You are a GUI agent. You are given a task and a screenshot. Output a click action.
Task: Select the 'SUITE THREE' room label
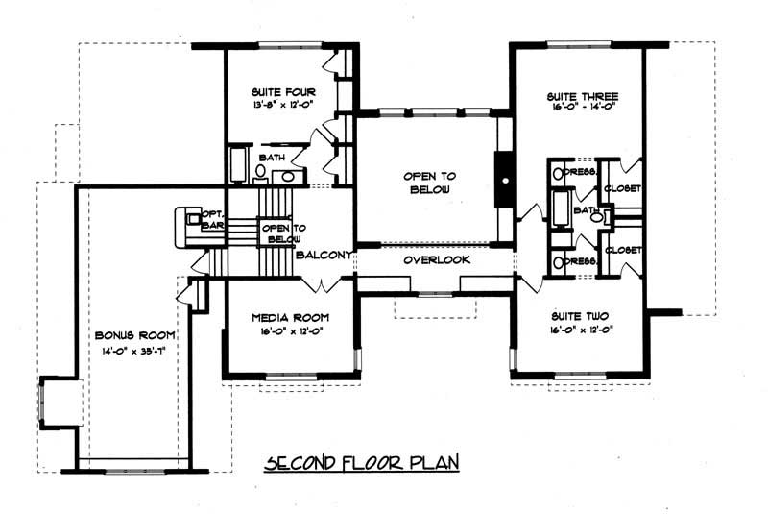(x=582, y=96)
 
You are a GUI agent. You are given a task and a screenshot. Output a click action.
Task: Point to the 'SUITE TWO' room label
(x=581, y=315)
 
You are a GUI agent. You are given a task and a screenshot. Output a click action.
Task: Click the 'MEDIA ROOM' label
(x=291, y=316)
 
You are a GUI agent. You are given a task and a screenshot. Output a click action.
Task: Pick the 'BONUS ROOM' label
(x=135, y=334)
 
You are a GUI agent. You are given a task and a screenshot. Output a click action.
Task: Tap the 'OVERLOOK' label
(x=435, y=260)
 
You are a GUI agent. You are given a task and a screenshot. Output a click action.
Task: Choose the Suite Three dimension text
(x=582, y=109)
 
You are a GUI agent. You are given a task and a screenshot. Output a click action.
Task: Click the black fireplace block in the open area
(x=502, y=179)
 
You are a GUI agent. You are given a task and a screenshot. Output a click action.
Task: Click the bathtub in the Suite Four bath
(x=237, y=166)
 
